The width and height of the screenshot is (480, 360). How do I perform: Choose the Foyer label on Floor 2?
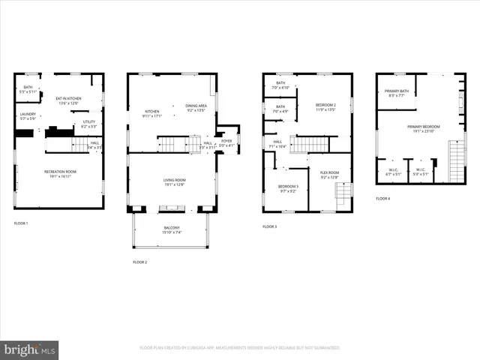click(226, 142)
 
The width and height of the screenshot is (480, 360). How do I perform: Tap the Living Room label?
click(173, 182)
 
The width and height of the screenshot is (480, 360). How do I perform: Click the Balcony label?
click(172, 230)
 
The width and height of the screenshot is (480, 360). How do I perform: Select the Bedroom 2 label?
click(326, 106)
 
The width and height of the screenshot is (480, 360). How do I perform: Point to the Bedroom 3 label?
click(288, 188)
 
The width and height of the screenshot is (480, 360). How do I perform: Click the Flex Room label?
click(329, 175)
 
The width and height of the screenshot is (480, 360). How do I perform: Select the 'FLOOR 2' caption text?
click(139, 262)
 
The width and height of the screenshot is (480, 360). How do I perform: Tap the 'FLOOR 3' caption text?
click(269, 226)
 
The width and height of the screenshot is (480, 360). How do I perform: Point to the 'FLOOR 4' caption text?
click(383, 198)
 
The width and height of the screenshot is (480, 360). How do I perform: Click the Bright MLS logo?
click(29, 349)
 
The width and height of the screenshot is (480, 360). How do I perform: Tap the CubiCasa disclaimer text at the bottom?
click(240, 348)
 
